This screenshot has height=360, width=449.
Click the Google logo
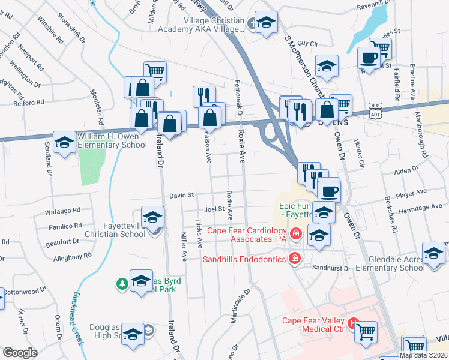tap(20, 353)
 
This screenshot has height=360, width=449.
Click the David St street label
tap(182, 195)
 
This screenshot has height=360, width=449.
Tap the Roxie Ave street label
tap(243, 148)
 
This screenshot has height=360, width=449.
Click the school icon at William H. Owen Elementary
tap(64, 142)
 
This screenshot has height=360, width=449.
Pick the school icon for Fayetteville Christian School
tap(152, 217)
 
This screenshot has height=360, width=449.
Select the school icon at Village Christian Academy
tap(266, 23)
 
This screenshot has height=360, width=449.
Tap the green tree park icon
tap(122, 283)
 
